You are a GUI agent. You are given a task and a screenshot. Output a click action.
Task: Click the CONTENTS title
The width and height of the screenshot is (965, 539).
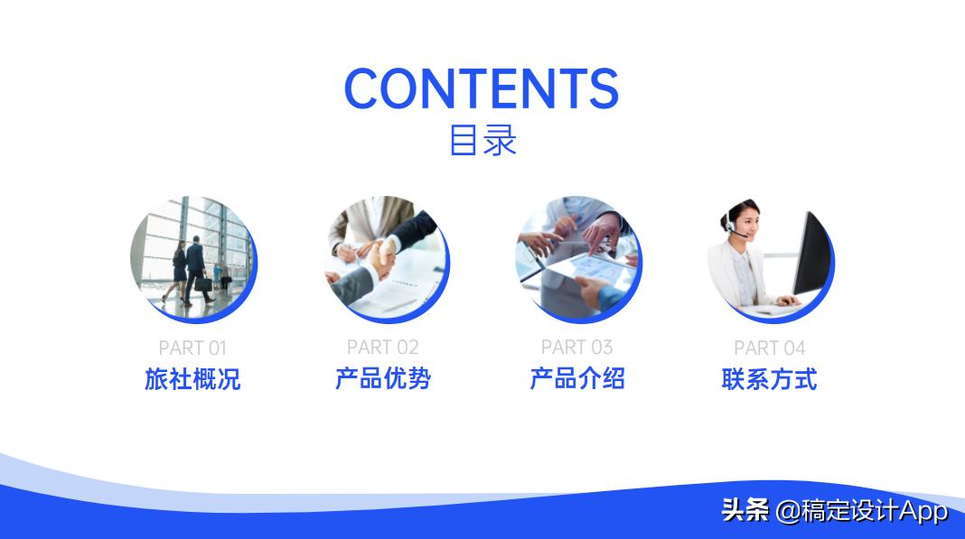click(482, 88)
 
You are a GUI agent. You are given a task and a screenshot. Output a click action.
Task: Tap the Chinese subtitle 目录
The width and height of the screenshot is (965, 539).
click(482, 140)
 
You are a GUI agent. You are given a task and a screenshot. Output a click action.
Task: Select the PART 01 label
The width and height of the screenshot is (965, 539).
click(192, 348)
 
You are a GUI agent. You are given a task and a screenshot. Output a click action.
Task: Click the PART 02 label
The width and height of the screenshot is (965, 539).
click(383, 347)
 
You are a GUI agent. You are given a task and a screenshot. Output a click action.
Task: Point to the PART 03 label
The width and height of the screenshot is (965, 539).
click(576, 347)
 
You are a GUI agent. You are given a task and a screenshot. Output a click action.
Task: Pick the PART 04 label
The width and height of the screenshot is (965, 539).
click(769, 348)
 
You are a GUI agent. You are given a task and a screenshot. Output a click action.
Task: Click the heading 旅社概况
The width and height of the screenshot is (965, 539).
click(192, 378)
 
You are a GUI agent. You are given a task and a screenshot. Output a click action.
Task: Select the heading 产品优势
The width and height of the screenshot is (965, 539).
click(383, 378)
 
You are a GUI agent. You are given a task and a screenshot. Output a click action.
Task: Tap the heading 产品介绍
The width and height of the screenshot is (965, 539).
click(576, 378)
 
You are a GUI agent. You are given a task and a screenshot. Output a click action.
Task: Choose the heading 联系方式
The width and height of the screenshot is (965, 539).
click(769, 378)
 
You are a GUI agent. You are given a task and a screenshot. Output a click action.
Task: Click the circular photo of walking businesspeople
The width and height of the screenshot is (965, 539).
click(192, 256)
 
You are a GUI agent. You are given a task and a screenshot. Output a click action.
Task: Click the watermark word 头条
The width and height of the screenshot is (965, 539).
click(745, 511)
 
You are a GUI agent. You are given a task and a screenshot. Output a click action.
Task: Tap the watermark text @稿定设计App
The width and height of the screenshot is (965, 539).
click(862, 512)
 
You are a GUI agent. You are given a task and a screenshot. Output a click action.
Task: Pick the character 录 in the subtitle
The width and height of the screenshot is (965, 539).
click(500, 140)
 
